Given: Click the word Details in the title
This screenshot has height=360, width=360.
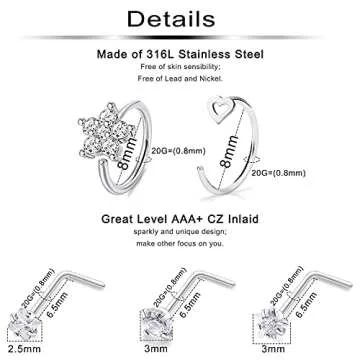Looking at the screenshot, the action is tap(179, 20).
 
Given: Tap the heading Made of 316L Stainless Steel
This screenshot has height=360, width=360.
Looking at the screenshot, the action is tap(180, 59).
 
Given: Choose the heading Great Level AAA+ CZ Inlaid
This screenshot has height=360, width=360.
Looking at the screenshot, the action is tap(180, 215).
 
